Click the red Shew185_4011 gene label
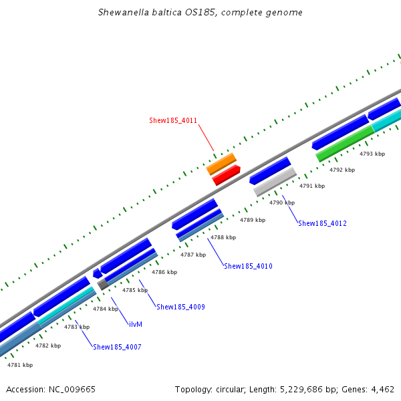click(172, 120)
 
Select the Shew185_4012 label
click(322, 223)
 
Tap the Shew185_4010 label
click(248, 266)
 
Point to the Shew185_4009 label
click(180, 307)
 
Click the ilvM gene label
click(136, 324)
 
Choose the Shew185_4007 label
click(117, 347)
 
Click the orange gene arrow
click(221, 163)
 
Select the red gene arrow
click(226, 174)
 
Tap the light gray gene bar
click(275, 182)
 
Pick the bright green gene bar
click(344, 144)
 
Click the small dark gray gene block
click(103, 284)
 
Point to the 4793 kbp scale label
click(372, 154)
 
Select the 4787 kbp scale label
click(193, 255)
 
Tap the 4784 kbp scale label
click(105, 309)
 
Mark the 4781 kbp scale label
click(19, 365)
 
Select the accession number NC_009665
click(74, 389)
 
